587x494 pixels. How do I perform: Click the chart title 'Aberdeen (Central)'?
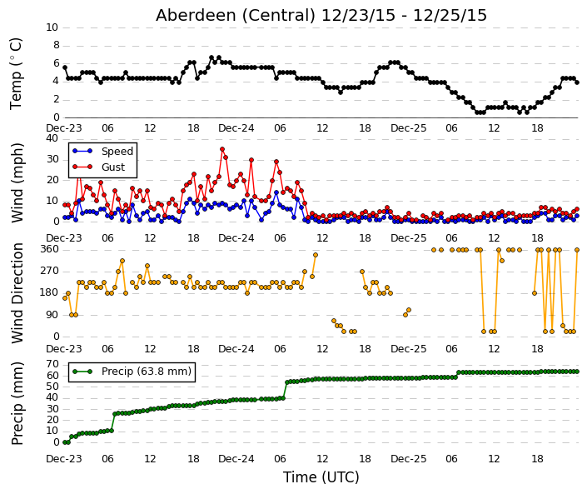(235, 16)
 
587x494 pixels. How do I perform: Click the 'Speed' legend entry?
(117, 152)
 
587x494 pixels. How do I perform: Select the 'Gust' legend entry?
(113, 167)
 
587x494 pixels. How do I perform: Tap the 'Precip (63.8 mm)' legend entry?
(147, 372)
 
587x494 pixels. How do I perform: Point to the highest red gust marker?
(222, 149)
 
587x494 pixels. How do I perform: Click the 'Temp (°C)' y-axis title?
(16, 73)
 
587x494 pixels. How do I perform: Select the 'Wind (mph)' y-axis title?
(17, 182)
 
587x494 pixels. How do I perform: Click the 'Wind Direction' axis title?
(17, 293)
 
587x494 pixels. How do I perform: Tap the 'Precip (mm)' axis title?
(17, 403)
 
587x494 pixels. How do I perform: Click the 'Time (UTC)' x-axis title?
(321, 477)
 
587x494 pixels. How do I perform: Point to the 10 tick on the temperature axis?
(52, 27)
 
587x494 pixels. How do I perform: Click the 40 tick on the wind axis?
(52, 138)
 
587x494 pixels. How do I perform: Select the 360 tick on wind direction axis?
(49, 249)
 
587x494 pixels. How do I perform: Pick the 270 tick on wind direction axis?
(49, 271)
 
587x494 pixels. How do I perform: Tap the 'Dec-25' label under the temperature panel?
(409, 128)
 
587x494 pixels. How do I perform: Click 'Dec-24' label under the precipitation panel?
(236, 459)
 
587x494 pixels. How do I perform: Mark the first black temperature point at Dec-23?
(65, 67)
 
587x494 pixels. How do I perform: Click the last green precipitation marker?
(577, 372)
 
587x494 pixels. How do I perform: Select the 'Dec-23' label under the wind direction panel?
(63, 349)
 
